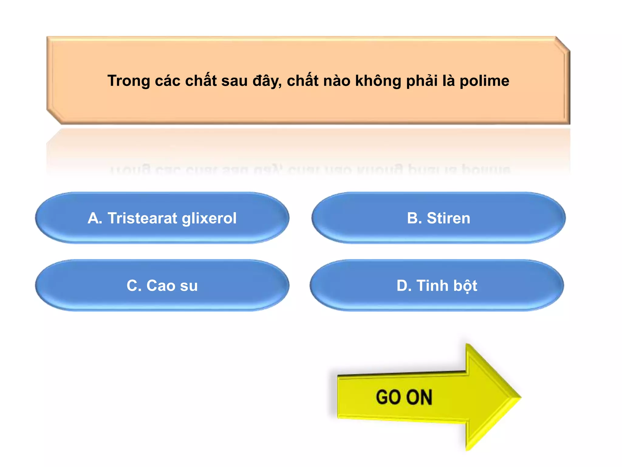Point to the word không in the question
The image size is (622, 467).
pos(378,81)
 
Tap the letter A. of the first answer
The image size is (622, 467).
pos(95,218)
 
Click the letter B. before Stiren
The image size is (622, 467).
pos(414,218)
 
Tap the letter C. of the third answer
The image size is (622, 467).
pos(134,286)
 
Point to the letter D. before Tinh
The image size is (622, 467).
pos(404,286)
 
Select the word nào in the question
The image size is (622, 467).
pos(336,81)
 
